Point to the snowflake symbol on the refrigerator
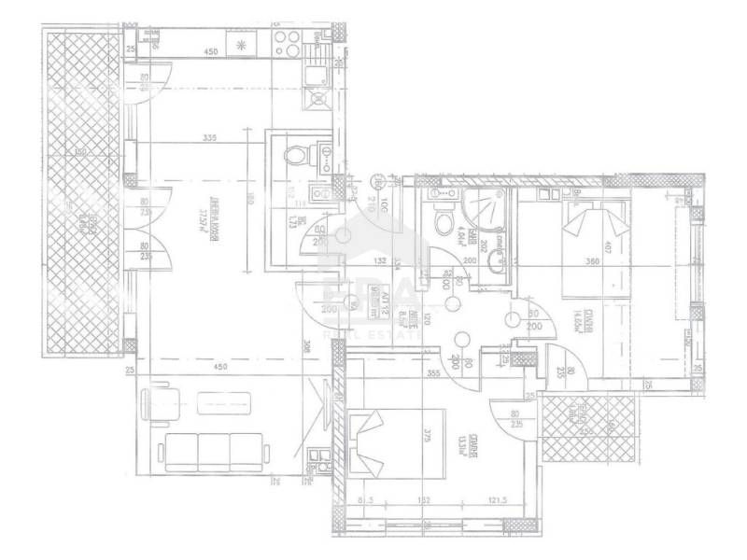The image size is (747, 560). [x=242, y=44]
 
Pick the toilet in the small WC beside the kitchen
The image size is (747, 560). [x=293, y=154]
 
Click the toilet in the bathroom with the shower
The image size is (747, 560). [x=444, y=220]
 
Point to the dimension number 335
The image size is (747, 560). [x=209, y=139]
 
